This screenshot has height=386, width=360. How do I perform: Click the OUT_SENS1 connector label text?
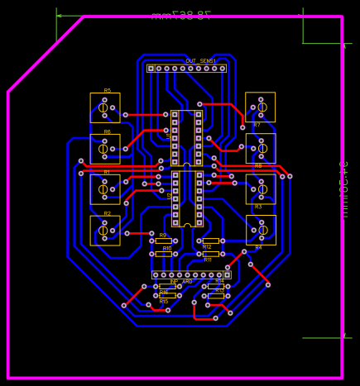tap(200, 61)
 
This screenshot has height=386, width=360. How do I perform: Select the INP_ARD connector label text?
tap(181, 281)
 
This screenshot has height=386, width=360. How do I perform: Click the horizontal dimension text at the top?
tap(180, 15)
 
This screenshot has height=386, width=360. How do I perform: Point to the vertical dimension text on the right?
tap(343, 189)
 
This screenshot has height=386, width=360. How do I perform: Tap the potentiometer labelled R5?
tap(104, 107)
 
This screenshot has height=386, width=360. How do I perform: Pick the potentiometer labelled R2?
tap(104, 231)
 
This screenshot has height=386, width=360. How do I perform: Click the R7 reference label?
tap(257, 125)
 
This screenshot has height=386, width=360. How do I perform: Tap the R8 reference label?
tap(258, 165)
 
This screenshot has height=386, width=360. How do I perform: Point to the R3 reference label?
tap(258, 207)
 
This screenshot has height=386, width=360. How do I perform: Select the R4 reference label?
tap(258, 247)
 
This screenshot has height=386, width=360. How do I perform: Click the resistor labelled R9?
tap(163, 241)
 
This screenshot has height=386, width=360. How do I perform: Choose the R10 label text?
tap(166, 248)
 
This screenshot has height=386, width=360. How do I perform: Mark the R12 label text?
tap(207, 246)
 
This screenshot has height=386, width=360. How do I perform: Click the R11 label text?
tap(208, 260)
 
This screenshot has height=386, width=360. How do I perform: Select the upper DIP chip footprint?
tap(186, 138)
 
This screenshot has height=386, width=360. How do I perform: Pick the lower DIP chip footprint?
tap(186, 198)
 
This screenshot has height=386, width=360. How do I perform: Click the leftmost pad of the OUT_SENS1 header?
tap(151, 69)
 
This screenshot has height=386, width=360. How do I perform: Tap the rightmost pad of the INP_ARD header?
tap(227, 274)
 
